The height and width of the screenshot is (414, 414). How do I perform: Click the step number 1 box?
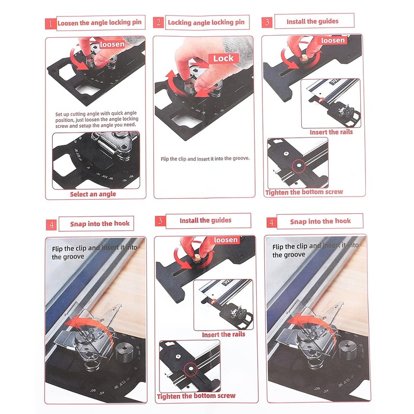click(50, 24)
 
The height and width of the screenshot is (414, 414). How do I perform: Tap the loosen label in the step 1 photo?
click(112, 45)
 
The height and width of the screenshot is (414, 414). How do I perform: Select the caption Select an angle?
click(93, 194)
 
